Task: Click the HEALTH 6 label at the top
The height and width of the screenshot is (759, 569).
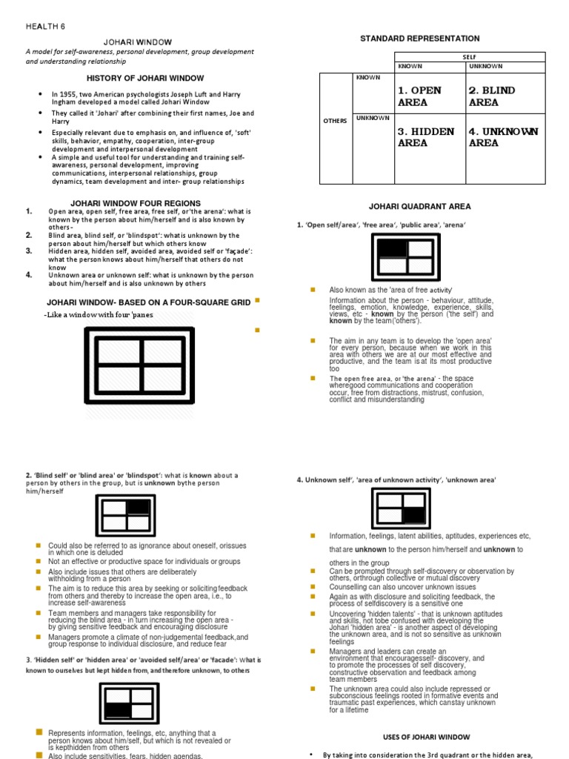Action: pyautogui.click(x=45, y=25)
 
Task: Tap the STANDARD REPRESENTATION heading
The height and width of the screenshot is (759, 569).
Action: pyautogui.click(x=419, y=39)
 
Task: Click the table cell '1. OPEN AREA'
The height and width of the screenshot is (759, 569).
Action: pyautogui.click(x=419, y=96)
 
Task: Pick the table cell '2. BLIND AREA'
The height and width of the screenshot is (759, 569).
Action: pyautogui.click(x=492, y=96)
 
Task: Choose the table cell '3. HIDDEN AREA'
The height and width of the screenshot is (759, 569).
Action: pyautogui.click(x=425, y=137)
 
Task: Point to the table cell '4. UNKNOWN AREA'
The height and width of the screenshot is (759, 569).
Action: pyautogui.click(x=503, y=137)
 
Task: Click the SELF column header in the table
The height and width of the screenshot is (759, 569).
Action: pyautogui.click(x=470, y=56)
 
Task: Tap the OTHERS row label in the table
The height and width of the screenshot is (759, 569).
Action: pyautogui.click(x=335, y=121)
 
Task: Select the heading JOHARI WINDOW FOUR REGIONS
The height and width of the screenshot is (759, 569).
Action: pyautogui.click(x=135, y=203)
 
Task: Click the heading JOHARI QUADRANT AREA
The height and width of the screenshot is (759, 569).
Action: pyautogui.click(x=419, y=207)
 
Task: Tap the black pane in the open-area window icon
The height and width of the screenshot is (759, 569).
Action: pyautogui.click(x=393, y=248)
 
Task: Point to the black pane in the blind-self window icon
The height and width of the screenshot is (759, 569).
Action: pyautogui.click(x=138, y=507)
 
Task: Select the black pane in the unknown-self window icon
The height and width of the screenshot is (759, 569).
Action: pyautogui.click(x=413, y=514)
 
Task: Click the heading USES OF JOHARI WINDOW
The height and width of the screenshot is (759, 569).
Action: pyautogui.click(x=426, y=737)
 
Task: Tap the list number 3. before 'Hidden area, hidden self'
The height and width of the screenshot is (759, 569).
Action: pyautogui.click(x=29, y=251)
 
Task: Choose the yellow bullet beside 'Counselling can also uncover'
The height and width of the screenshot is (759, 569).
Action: pyautogui.click(x=313, y=586)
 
